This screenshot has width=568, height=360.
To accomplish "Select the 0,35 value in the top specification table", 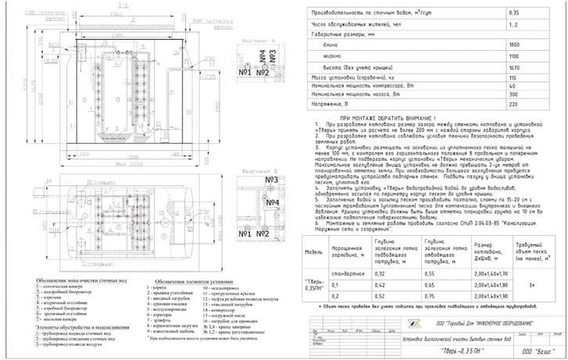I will (x=513, y=13).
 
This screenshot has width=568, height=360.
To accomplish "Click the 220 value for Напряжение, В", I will (x=513, y=103).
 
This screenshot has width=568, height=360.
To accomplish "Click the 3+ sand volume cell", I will (x=530, y=286).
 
